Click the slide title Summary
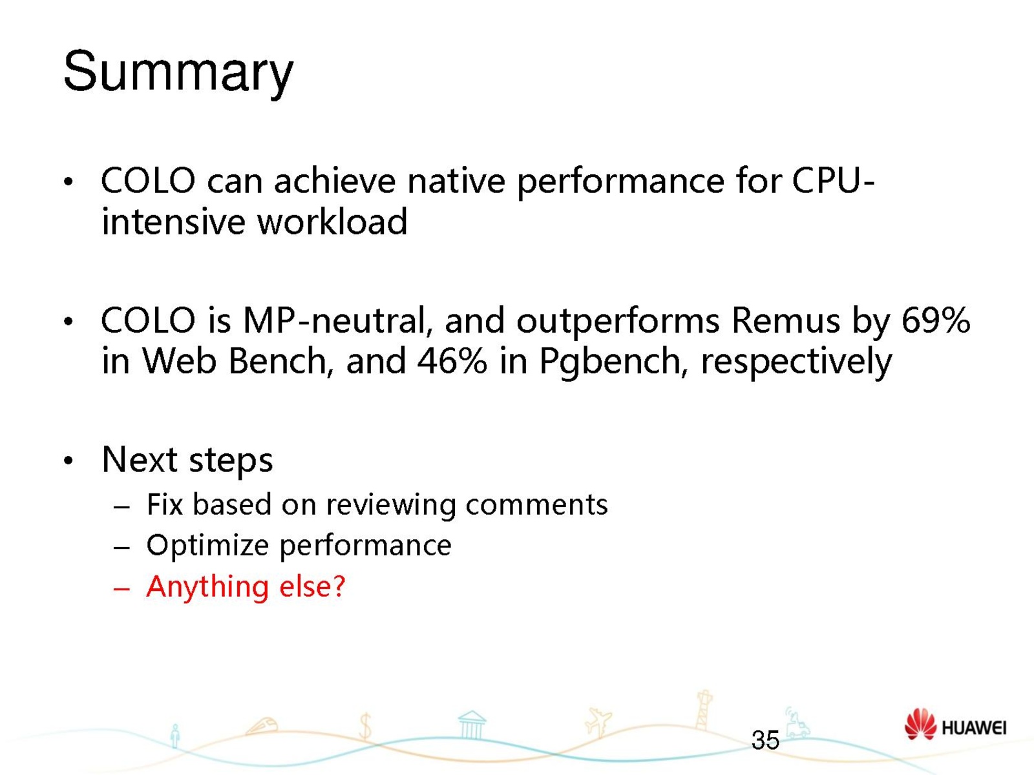pyautogui.click(x=178, y=74)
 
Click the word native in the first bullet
pyautogui.click(x=456, y=181)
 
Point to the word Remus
pyautogui.click(x=786, y=321)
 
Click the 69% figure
pyautogui.click(x=936, y=320)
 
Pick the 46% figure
pyautogui.click(x=451, y=361)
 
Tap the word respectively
pyautogui.click(x=796, y=363)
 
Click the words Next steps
pyautogui.click(x=187, y=460)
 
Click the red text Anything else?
pyautogui.click(x=246, y=587)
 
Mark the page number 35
pyautogui.click(x=765, y=740)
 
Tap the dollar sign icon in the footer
pyautogui.click(x=365, y=726)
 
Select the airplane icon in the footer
pyautogui.click(x=598, y=722)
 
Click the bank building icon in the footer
pyautogui.click(x=472, y=725)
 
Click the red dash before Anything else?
pyautogui.click(x=121, y=588)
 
